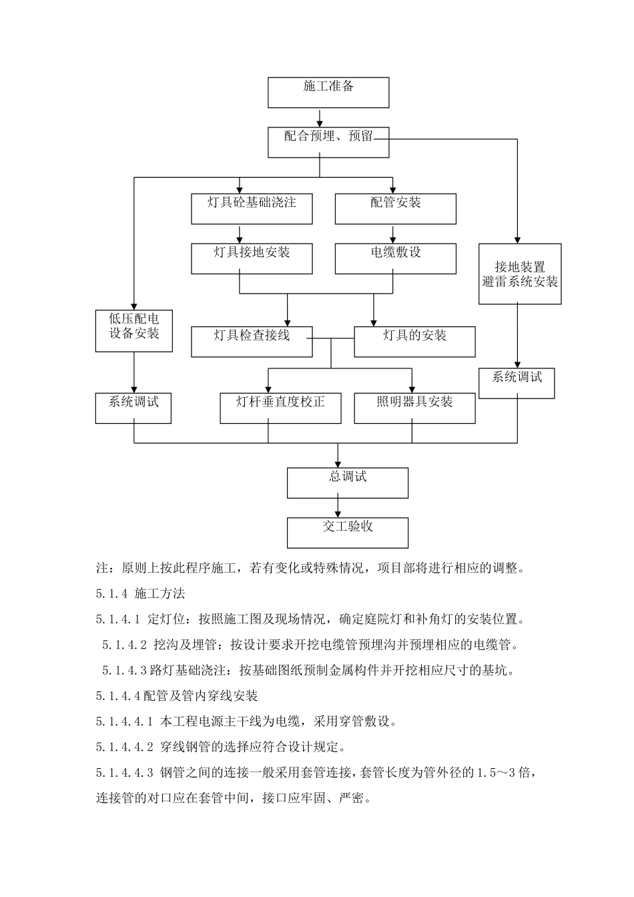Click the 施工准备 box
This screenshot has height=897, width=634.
[328, 92]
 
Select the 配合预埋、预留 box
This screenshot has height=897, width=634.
[328, 142]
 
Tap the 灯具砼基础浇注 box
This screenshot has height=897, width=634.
[252, 208]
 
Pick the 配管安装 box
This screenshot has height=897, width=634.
[395, 208]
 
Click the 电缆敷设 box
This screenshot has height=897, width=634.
[395, 258]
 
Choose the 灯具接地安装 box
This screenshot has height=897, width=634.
[252, 258]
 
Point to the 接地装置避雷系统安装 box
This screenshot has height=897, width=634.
[520, 274]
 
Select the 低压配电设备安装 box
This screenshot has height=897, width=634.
[134, 330]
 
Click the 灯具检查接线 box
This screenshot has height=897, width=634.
[252, 341]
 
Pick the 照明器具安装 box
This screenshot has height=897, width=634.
[414, 408]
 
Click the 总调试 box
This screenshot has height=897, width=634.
[348, 483]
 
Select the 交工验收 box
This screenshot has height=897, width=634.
[348, 533]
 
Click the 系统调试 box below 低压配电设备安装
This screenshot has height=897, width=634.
[133, 408]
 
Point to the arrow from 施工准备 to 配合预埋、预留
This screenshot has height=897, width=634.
[320, 117]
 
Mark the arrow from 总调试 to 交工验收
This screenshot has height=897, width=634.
[338, 508]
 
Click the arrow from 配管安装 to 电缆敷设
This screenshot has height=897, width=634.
[392, 234]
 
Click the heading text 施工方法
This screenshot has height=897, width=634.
[160, 593]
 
